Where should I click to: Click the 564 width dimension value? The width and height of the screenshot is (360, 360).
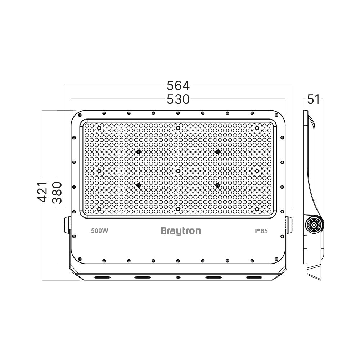178,86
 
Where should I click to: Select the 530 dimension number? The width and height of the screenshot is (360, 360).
178,99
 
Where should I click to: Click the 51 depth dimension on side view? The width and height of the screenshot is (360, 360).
314,99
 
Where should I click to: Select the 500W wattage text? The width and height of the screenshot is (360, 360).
100,231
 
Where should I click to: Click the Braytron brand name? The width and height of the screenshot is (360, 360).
181,231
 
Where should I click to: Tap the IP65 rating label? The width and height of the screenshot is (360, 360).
260,231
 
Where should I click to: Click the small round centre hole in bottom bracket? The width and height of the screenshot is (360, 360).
178,278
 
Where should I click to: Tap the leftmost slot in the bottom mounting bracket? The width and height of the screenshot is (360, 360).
102,278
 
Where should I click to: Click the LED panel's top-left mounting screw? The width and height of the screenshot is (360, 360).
99,128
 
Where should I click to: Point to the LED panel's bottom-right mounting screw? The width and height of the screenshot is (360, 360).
257,209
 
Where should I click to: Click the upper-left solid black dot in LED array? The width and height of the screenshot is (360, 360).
138,152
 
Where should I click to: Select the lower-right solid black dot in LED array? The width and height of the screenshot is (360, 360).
217,185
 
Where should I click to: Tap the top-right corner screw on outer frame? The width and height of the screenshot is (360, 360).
276,115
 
